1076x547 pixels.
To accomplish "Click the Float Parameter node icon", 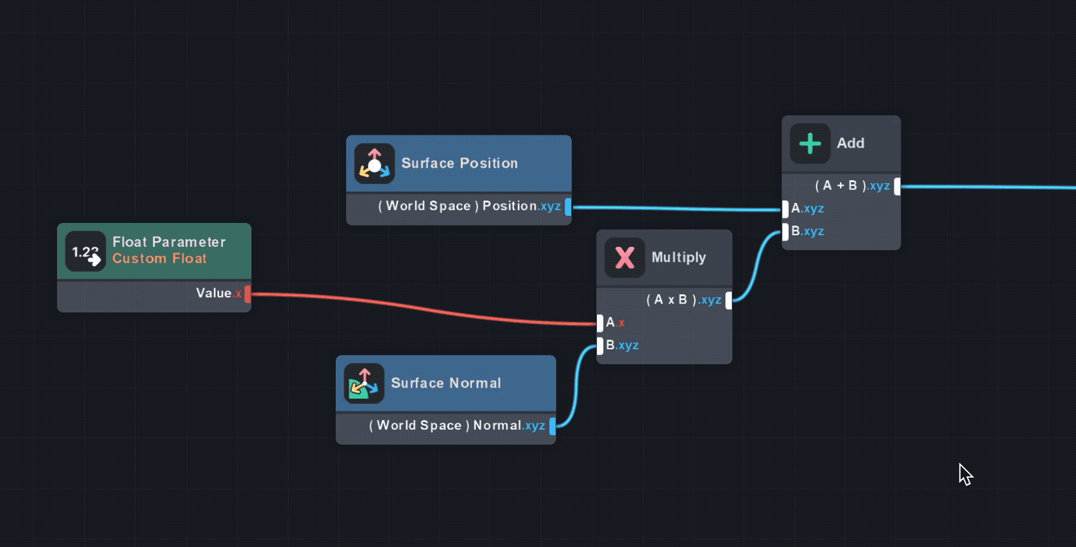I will click(x=86, y=251).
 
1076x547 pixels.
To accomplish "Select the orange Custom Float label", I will click(x=159, y=259).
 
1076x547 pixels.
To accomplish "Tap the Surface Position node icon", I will click(x=375, y=163).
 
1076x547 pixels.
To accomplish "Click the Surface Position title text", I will click(x=460, y=163).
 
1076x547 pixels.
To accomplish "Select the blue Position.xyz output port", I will click(x=568, y=207).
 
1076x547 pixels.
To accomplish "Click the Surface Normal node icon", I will click(x=364, y=383).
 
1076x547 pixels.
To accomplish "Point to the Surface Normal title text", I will click(x=446, y=383).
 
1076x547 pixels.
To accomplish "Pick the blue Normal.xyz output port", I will click(x=552, y=426).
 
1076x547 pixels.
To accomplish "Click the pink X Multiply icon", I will click(x=625, y=257).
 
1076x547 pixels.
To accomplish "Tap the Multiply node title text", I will click(x=679, y=257).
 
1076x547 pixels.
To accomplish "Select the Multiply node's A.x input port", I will click(x=600, y=323).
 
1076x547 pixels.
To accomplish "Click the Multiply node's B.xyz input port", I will click(x=600, y=345).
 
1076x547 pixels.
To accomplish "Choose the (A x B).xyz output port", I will click(x=729, y=300).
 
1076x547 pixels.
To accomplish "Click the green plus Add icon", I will click(x=810, y=143).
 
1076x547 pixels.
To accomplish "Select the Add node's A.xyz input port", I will click(x=786, y=209).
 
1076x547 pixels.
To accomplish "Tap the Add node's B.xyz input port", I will click(x=786, y=231).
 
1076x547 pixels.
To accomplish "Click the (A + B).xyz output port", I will click(x=897, y=187).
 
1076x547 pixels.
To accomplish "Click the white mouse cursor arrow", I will click(x=965, y=474).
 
